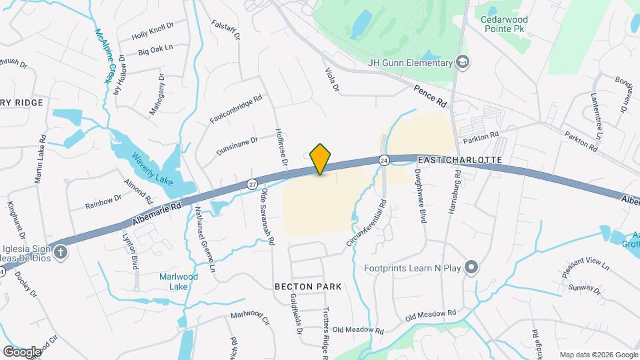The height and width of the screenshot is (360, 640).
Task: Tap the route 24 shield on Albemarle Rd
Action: tap(384, 160)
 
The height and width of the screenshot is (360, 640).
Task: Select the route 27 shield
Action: tap(251, 184)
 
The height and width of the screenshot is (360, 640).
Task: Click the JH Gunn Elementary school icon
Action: tap(463, 63)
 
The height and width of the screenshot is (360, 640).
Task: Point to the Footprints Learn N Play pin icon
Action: tap(472, 269)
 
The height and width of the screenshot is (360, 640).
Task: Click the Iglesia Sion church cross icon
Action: tap(61, 252)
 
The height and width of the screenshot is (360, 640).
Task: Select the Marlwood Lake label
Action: tap(173, 281)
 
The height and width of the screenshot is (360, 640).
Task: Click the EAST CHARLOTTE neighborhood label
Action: tap(459, 161)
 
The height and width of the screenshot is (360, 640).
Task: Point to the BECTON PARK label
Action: tap(308, 287)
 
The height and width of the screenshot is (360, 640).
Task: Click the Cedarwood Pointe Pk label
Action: tap(509, 25)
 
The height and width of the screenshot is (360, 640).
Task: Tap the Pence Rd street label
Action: tap(429, 96)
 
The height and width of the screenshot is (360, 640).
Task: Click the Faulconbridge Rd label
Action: tap(236, 108)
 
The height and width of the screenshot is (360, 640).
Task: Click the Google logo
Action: tap(21, 351)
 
